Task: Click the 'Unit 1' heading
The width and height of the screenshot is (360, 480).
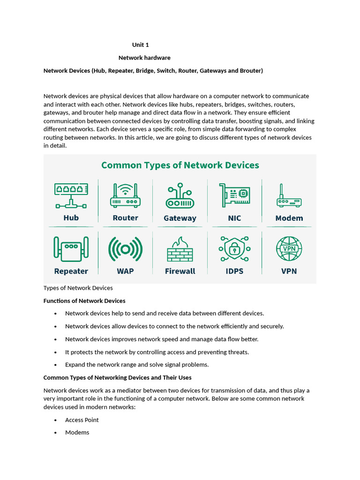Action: [x=140, y=45]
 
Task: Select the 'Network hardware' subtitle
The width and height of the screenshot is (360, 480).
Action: [x=144, y=58]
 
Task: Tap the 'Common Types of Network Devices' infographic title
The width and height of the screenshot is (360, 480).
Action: [x=180, y=165]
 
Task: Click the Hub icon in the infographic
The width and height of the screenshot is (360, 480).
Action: [x=71, y=195]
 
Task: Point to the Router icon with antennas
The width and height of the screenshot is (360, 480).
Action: [x=125, y=195]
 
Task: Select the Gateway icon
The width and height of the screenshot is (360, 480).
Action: [x=180, y=197]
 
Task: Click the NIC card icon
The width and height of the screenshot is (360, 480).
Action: [x=234, y=194]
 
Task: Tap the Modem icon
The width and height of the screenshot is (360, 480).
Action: [x=289, y=197]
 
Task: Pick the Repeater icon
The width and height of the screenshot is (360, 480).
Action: [x=71, y=248]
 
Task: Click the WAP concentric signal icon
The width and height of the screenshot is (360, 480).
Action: [x=125, y=249]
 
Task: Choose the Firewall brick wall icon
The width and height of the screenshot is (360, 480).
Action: [x=180, y=249]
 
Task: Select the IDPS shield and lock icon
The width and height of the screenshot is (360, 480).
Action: [x=234, y=249]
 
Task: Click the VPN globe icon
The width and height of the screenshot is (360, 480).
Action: [x=289, y=248]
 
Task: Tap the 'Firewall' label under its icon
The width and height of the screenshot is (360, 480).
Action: [x=180, y=271]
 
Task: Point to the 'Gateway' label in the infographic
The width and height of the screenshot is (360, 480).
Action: [x=180, y=218]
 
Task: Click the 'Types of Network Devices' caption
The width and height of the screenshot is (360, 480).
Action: [x=78, y=288]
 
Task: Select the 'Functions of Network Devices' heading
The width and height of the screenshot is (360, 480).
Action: [x=84, y=300]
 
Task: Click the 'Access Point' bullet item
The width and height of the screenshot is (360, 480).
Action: [x=82, y=420]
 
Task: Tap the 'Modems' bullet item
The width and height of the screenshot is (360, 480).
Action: [x=77, y=432]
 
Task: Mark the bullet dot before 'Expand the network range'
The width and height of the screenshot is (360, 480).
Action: [x=56, y=365]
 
